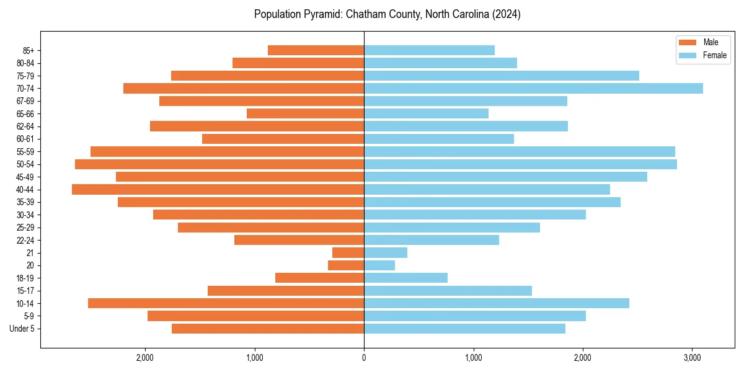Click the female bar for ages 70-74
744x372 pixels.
coord(533,89)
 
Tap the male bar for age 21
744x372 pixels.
coord(348,253)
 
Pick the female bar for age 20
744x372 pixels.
coord(379,265)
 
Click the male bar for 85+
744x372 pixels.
coord(316,50)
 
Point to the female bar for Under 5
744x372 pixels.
coord(465,329)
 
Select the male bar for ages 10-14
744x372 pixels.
coord(226,303)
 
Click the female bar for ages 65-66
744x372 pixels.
coord(427,113)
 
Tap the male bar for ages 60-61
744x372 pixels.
coord(283,139)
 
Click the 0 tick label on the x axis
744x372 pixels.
coord(364,358)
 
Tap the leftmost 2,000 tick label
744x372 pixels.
coord(145,358)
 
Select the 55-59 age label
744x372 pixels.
coord(25,152)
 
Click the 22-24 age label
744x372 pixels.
coord(25,241)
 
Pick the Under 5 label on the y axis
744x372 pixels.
coord(22,329)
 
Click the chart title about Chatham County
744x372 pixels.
coord(387,14)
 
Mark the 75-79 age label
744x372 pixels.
coord(25,76)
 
